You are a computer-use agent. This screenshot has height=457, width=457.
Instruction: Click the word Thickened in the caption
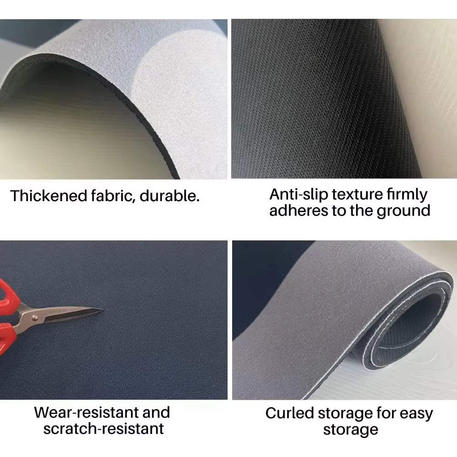(x=49, y=196)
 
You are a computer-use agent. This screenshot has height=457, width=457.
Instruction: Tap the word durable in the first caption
(x=170, y=196)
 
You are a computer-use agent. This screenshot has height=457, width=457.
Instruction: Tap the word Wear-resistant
(x=84, y=412)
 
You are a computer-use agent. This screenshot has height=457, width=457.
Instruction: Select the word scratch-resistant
(x=103, y=429)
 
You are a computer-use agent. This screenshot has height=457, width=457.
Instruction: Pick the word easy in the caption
(x=416, y=414)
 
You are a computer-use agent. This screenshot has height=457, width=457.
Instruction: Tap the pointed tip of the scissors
(x=103, y=309)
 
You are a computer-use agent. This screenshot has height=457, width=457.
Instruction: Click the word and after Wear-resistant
(x=156, y=412)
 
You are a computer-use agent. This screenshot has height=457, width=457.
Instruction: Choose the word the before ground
(x=361, y=210)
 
